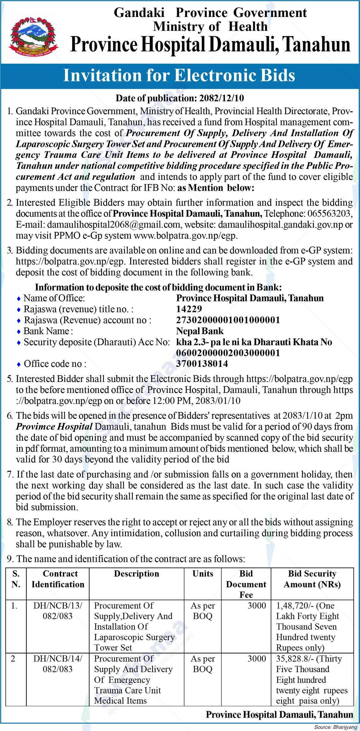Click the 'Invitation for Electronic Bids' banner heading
[179, 76]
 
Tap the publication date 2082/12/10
[222, 98]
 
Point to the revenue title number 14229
[189, 309]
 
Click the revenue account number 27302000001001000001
[228, 320]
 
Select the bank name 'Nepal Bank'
[200, 331]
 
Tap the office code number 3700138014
[202, 364]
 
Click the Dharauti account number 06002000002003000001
[228, 353]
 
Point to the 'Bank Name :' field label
[48, 331]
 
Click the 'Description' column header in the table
[137, 574]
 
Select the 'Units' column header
[203, 574]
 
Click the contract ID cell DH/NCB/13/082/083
[58, 611]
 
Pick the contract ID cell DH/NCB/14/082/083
[58, 664]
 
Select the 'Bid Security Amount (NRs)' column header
[312, 579]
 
